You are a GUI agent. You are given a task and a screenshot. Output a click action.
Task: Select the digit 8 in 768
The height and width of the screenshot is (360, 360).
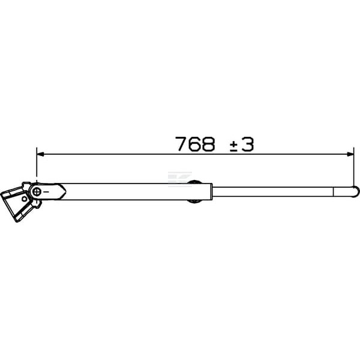[x=208, y=144]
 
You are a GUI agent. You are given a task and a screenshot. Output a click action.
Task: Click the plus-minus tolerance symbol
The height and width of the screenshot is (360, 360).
[x=234, y=146]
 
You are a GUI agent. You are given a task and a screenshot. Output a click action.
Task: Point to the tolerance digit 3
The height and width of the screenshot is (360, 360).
[x=247, y=144]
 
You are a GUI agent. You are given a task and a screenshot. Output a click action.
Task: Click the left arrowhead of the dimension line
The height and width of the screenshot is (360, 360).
[x=40, y=154]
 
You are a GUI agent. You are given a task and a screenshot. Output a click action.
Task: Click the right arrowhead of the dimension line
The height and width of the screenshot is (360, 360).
[x=350, y=154]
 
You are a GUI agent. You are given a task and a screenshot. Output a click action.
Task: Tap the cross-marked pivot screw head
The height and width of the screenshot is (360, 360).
[x=37, y=191]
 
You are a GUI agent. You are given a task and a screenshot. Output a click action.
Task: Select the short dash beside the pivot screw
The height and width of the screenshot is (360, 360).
[x=46, y=191]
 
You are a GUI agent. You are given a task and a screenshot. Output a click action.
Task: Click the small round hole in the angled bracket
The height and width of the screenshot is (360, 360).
[x=25, y=199]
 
